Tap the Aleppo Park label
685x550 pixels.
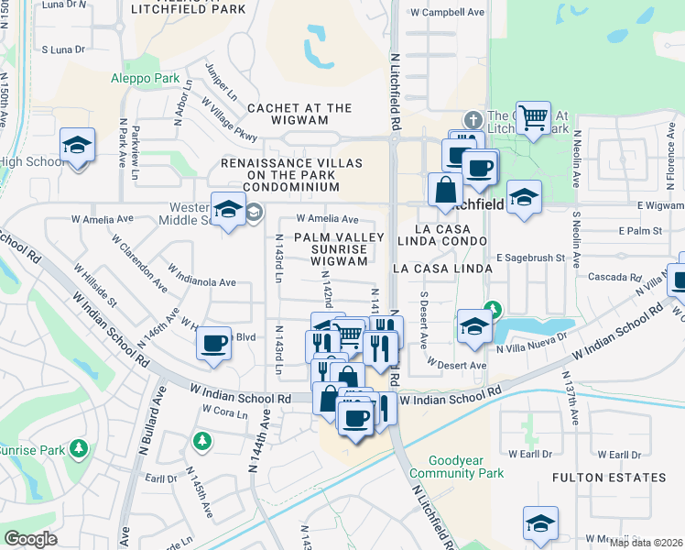(145, 79)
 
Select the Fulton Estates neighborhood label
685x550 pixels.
(609, 478)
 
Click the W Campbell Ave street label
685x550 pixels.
(447, 13)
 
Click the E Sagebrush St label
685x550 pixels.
(530, 259)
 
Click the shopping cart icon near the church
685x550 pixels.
(533, 117)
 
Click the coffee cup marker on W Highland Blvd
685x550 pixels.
(213, 344)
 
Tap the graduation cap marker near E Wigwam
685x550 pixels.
(524, 196)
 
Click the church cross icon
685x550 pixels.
(473, 119)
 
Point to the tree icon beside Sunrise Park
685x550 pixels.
(79, 448)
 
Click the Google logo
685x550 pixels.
(31, 539)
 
